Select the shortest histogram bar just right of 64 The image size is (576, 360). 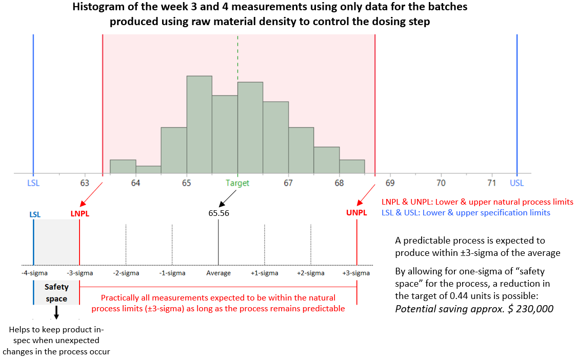coord(148,170)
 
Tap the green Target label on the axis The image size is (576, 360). coord(237,183)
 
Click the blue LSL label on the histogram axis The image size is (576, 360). coord(33,183)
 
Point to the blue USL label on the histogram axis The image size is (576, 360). coord(517,183)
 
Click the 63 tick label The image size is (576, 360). coord(85,183)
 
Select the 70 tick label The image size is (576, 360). coord(441,183)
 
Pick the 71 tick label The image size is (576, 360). coord(491,183)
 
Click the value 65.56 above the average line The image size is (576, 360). coord(219,213)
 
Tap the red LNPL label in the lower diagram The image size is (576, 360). coord(80,213)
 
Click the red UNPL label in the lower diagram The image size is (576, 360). coord(356,213)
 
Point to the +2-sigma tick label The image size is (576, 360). coord(310,273)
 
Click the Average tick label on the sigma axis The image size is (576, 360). coord(219,273)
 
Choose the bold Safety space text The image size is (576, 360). coord(56,293)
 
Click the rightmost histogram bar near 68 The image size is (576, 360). coord(352,167)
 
